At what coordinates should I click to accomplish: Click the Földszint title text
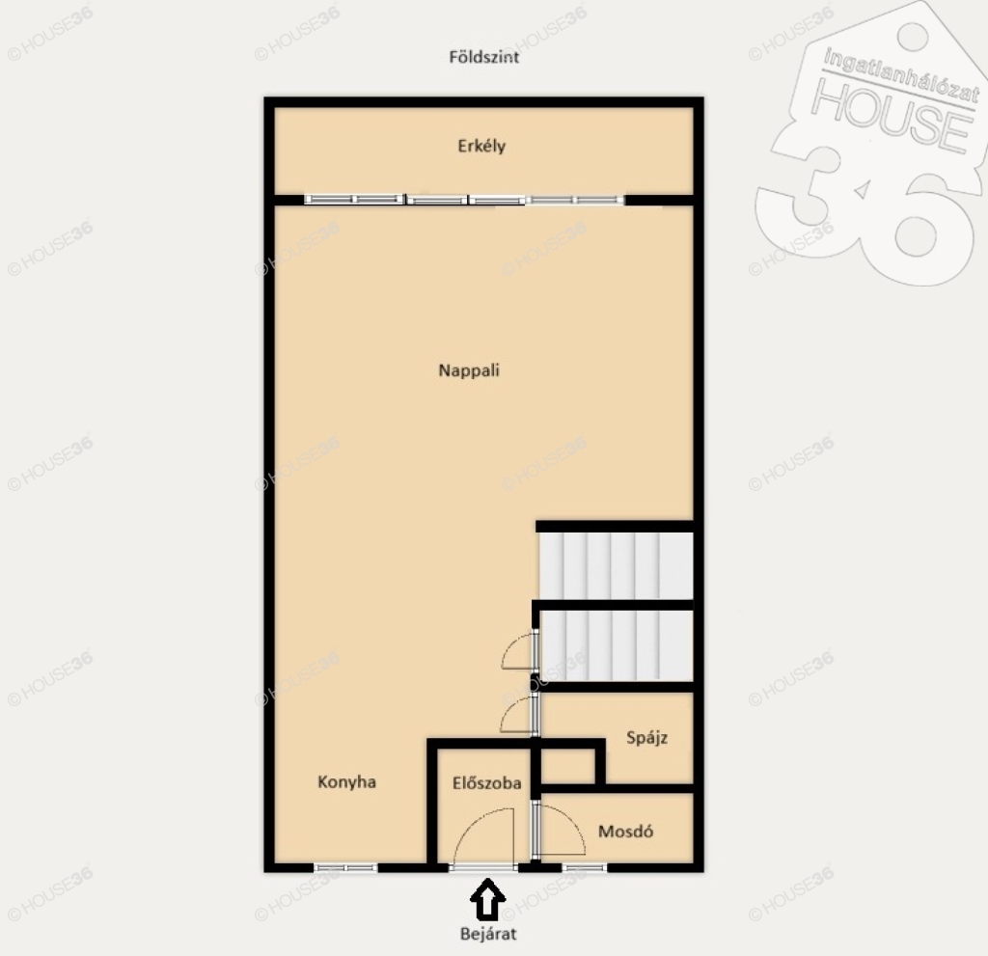coord(484,57)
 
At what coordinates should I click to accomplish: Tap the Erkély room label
coord(481,147)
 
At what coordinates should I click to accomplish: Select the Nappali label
coord(469,369)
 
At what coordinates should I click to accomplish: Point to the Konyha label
coord(346,782)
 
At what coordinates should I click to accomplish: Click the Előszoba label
coord(486,782)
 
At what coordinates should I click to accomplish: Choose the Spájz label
coord(646,738)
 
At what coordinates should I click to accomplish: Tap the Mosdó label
coord(625,832)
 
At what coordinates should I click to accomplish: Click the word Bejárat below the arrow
coord(487,933)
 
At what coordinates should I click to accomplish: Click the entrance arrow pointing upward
coord(487,899)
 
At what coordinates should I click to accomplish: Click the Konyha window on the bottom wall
coord(345,868)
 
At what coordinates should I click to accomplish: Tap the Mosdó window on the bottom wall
coord(584,868)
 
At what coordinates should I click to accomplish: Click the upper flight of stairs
coord(617,566)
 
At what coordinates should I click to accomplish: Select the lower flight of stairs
coord(617,645)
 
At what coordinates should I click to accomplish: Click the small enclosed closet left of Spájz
coord(567,766)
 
